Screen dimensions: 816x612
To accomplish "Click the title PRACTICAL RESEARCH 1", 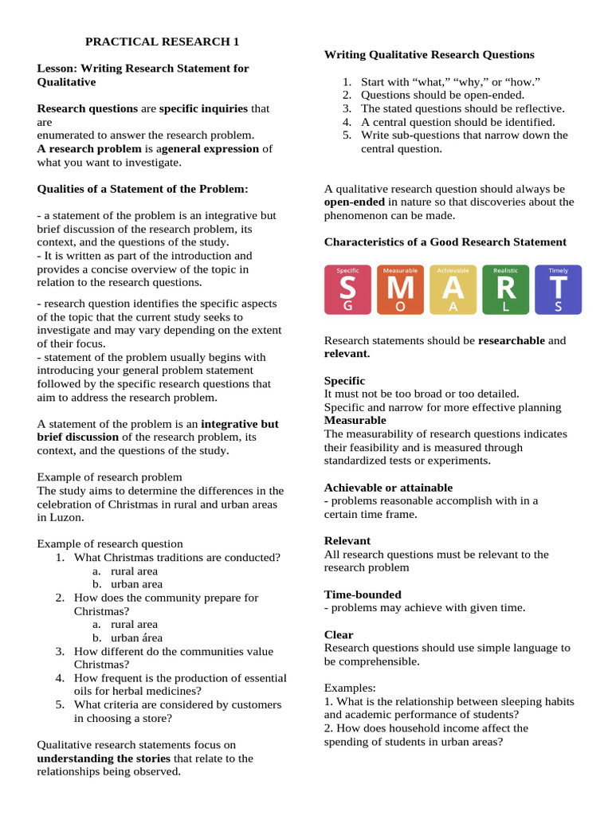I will pos(162,41).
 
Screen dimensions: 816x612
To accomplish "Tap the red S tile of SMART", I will pos(347,290).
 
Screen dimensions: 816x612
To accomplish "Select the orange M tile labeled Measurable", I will pos(400,290).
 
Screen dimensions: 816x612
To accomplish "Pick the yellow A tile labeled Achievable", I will pos(453,290).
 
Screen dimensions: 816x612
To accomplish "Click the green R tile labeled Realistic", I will pos(505,290).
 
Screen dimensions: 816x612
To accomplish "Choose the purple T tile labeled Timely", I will pos(558,290).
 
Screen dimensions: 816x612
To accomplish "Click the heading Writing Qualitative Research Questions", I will pos(429,55).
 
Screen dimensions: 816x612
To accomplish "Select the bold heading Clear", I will pos(338,635).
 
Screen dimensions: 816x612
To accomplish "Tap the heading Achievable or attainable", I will pos(387,488).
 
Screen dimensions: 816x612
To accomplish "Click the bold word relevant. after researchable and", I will pos(347,354).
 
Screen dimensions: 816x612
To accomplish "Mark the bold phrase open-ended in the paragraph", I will pos(354,202).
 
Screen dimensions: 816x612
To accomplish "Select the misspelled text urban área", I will pos(136,637).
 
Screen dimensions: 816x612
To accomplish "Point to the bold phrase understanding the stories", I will pos(104,759).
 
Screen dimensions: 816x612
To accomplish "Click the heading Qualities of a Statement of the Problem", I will pos(143,189).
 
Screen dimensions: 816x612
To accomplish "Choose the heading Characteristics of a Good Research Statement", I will pos(445,242).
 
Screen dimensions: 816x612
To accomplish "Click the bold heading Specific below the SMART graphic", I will pos(344,381).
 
